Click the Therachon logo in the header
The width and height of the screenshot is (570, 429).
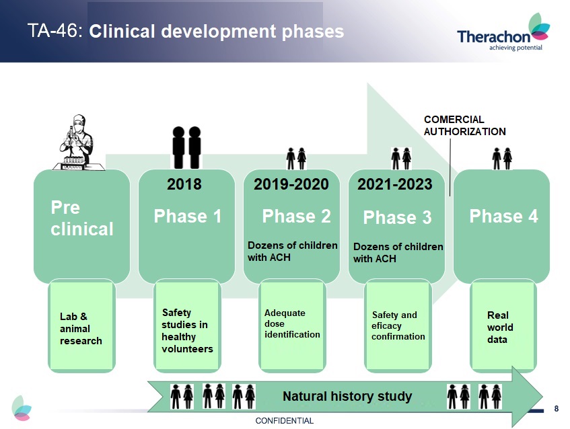pos(503,32)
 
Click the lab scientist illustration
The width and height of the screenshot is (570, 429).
pos(79,143)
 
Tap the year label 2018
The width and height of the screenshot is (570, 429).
pos(184,184)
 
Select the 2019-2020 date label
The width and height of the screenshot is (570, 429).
pos(291,184)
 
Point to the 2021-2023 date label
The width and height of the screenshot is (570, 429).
pos(395,184)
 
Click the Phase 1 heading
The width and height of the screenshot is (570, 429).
pos(188,216)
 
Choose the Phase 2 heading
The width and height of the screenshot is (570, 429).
pos(296,216)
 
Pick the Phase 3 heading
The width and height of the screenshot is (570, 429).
pos(397,218)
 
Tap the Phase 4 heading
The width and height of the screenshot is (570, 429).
pos(503,216)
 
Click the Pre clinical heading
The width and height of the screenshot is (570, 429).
pos(82,219)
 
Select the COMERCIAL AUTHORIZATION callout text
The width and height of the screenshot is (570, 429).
pos(464,125)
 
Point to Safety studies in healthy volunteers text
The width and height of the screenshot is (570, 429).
pos(187,331)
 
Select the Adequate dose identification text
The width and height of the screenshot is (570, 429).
pos(292,323)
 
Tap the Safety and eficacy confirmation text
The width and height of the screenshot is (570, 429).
pos(398,326)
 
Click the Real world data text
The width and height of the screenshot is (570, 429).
pos(500,327)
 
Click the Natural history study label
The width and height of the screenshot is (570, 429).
pos(347,396)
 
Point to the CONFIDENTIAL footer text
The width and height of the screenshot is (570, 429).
pos(284,421)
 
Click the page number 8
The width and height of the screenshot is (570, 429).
pos(556,409)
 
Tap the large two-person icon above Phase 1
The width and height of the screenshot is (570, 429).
pos(187,147)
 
